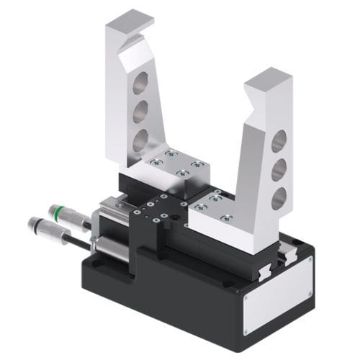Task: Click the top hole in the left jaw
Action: [140, 81]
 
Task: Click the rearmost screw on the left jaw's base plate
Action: [171, 153]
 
